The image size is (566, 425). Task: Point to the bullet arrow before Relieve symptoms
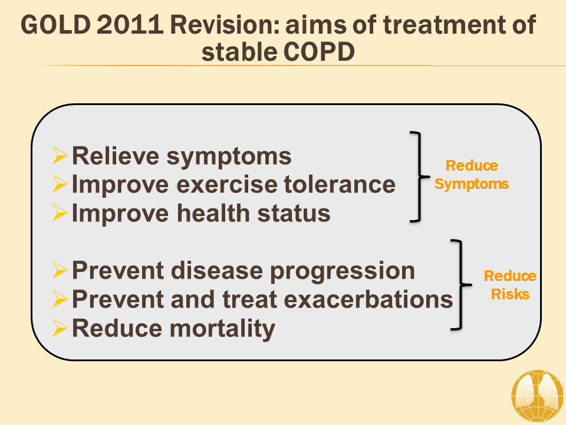point(60,156)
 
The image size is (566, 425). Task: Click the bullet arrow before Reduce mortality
point(60,328)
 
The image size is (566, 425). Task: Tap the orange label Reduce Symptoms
point(472,175)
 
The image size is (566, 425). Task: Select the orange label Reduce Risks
point(510,285)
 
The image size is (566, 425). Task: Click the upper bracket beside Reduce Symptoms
point(419,176)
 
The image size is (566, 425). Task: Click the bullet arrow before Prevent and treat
point(60,299)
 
